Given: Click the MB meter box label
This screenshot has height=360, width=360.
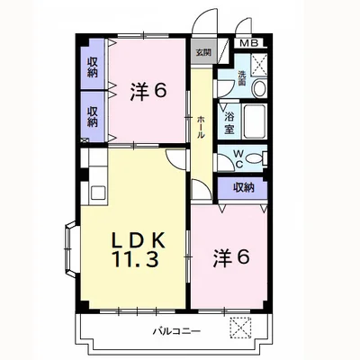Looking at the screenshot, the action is (x=249, y=43).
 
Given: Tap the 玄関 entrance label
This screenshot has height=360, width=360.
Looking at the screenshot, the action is (x=203, y=52).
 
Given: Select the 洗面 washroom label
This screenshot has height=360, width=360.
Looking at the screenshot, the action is (x=242, y=78).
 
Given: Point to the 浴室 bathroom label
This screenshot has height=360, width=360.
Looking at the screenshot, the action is (x=229, y=122).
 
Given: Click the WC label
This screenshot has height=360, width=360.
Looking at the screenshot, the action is (x=239, y=159).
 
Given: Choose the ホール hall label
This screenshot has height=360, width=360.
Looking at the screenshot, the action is (x=201, y=127).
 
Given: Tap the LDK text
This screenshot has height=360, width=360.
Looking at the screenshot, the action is (x=139, y=240).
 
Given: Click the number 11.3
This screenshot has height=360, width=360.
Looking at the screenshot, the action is (x=135, y=259).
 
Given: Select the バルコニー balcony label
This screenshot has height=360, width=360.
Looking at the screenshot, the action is (x=176, y=331).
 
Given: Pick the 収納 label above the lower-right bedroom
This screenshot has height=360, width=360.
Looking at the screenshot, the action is (x=244, y=187).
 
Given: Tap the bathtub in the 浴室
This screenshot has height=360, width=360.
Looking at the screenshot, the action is (x=254, y=121).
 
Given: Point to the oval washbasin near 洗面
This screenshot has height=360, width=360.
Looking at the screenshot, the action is (x=259, y=89).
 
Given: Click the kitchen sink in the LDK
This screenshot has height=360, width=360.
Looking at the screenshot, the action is (x=98, y=193).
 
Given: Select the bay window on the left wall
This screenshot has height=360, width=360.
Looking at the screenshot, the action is (x=72, y=248).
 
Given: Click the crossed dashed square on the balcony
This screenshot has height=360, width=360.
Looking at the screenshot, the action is (x=240, y=328).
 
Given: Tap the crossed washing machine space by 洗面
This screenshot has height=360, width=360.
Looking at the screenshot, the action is (x=258, y=65).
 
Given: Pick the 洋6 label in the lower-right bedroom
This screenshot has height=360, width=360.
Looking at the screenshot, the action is (x=231, y=258).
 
